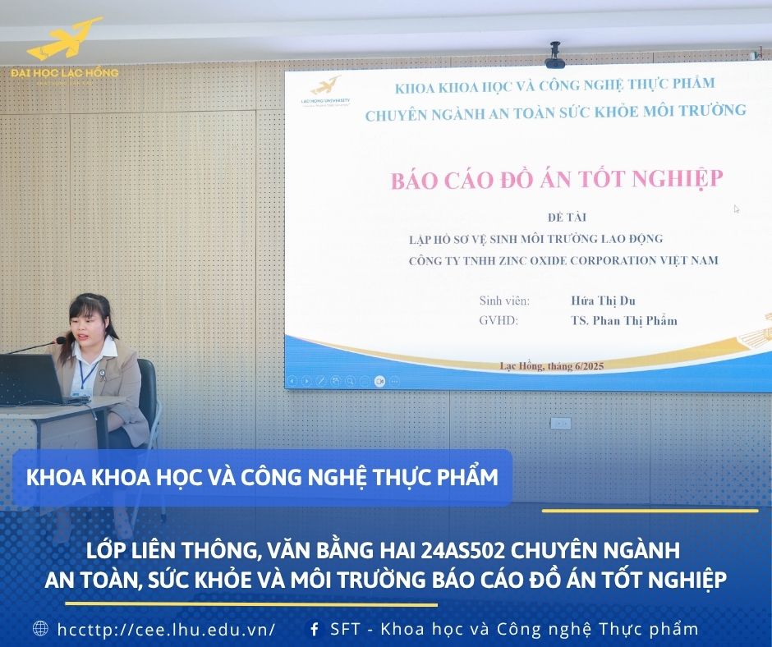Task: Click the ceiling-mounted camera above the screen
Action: click(555, 54)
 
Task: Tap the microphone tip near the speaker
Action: click(61, 340)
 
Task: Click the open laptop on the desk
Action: click(32, 379)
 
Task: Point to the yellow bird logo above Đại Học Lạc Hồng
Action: click(65, 39)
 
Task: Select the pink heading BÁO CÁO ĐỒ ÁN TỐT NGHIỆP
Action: click(557, 179)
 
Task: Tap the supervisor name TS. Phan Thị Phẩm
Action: click(624, 320)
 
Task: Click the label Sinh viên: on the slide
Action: click(504, 301)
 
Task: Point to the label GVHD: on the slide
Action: click(499, 320)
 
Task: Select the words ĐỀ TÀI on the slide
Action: click(567, 217)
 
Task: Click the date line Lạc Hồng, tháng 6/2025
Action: click(551, 366)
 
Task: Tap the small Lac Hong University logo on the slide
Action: click(325, 92)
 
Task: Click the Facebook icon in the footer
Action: click(314, 629)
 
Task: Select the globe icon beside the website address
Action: click(40, 628)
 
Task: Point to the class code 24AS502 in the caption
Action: click(463, 550)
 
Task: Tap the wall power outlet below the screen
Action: click(560, 424)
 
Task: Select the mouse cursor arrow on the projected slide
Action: click(737, 209)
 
